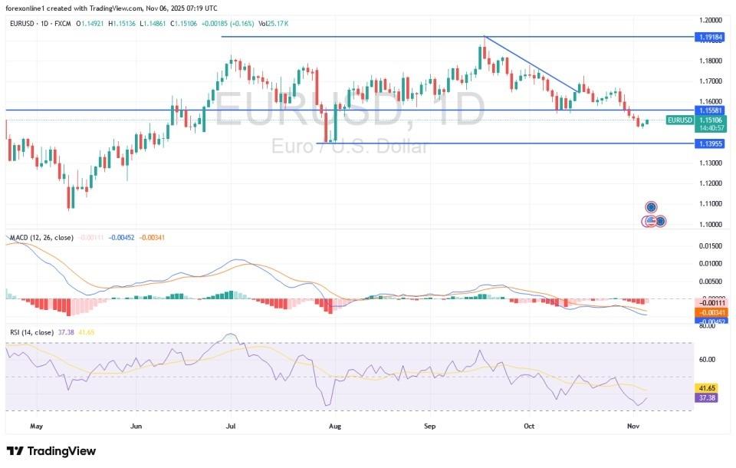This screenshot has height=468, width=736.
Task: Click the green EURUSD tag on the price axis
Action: tap(680, 120)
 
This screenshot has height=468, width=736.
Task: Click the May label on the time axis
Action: tap(35, 424)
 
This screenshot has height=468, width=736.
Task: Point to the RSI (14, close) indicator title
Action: tap(31, 332)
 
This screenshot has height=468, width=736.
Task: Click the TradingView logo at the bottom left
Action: tap(51, 450)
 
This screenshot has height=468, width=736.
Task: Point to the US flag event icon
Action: tap(649, 221)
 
